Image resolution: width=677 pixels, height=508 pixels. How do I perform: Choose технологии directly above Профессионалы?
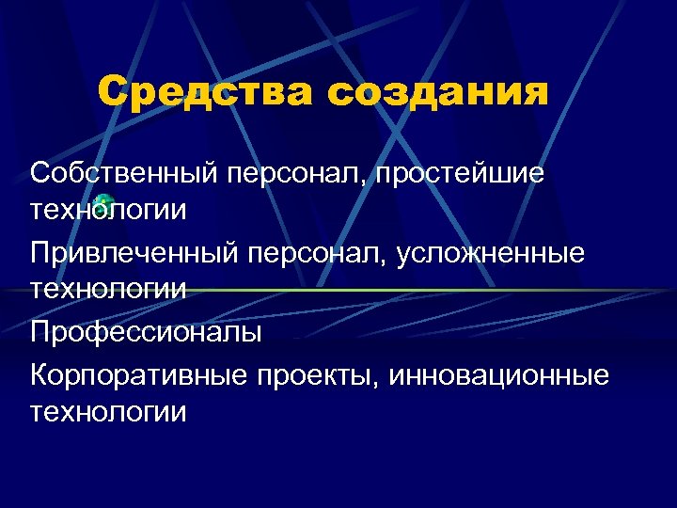pyautogui.click(x=108, y=289)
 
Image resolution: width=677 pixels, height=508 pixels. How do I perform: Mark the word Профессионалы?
pyautogui.click(x=146, y=332)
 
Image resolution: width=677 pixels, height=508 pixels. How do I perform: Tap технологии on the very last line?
pyautogui.click(x=108, y=411)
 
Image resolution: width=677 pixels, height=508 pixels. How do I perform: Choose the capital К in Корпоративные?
pyautogui.click(x=39, y=375)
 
